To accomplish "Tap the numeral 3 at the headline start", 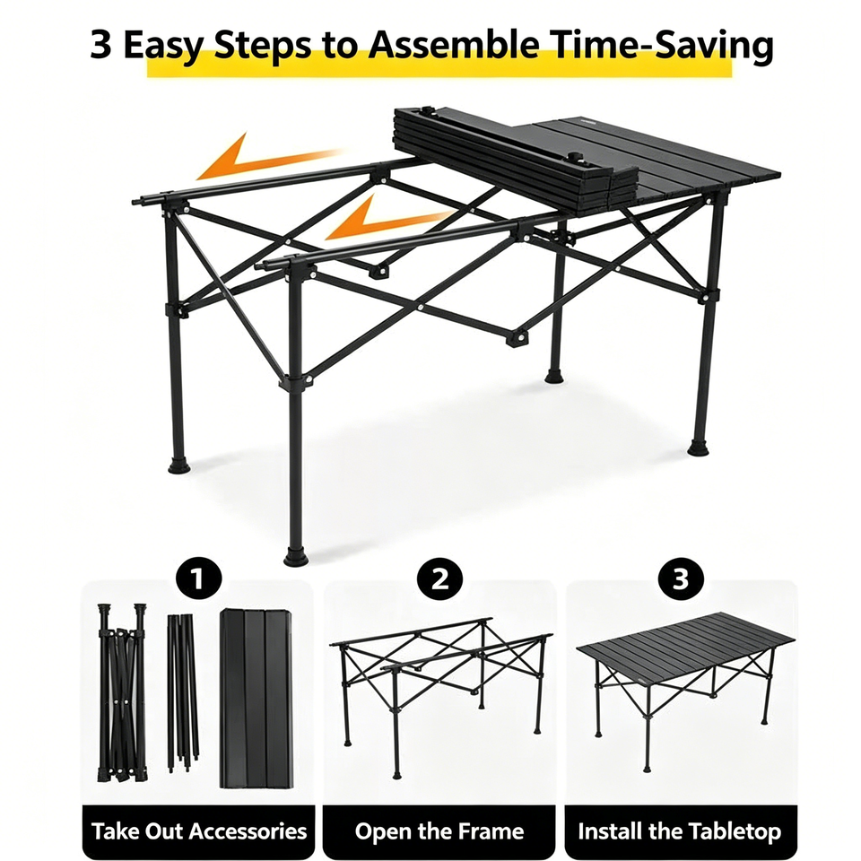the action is point(100,44).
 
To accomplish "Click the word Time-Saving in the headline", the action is point(661,46).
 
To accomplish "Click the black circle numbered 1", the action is point(198,579).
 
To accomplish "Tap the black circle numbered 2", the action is point(439,579).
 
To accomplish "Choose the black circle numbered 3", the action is point(681,579).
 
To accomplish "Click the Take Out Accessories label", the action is point(199,831).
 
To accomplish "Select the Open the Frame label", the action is point(439,831).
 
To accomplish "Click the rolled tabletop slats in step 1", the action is point(257,698).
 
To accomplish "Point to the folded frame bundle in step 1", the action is point(123,693).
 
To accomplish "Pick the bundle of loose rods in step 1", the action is point(183,693).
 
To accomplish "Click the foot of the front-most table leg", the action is point(296,557).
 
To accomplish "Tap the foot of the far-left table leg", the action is point(179,465).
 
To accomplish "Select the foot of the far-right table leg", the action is point(699,448).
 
